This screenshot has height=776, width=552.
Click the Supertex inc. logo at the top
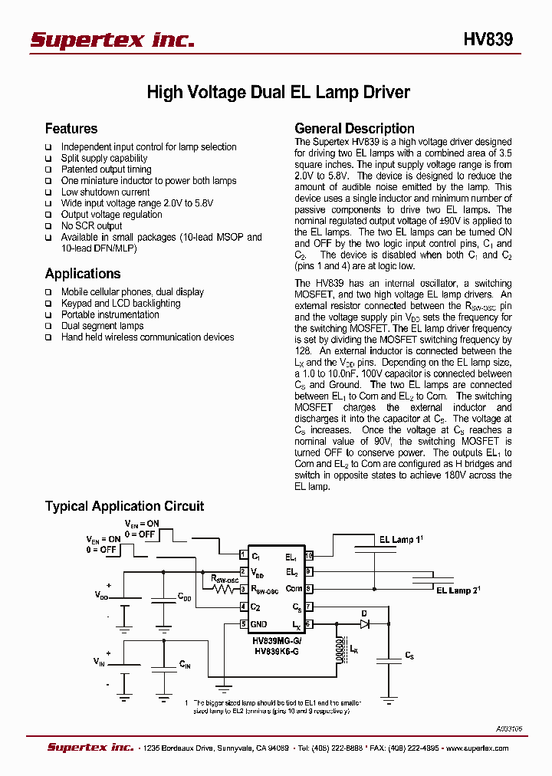click(x=112, y=40)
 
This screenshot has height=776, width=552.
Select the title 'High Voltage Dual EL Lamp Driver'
click(x=278, y=93)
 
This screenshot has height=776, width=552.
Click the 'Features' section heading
click(x=71, y=129)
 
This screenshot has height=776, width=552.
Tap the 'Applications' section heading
click(x=83, y=274)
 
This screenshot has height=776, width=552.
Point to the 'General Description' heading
click(x=354, y=129)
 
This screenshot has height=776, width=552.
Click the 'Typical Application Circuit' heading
click(x=124, y=506)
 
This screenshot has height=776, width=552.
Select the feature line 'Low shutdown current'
click(x=105, y=192)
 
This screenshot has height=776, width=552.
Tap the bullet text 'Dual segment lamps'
click(x=102, y=326)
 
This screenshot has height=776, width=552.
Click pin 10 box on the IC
click(x=309, y=556)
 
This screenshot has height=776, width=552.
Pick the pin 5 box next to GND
click(x=243, y=624)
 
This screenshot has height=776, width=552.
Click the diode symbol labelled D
click(x=364, y=624)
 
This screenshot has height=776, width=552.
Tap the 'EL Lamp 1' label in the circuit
click(x=401, y=540)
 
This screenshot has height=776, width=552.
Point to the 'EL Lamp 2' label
click(x=458, y=590)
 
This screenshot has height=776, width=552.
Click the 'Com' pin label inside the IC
click(x=294, y=589)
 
